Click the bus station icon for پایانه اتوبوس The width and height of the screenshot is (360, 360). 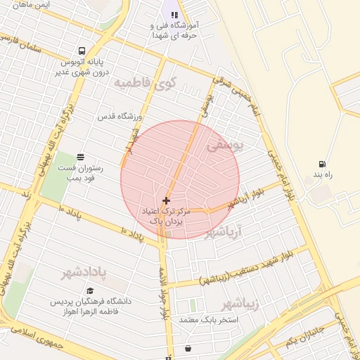tap(82, 51)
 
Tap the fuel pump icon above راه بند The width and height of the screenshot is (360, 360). tap(322, 163)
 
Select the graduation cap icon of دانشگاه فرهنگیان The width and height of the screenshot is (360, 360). tap(89, 290)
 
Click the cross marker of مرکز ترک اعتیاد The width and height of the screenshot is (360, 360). tap(166, 200)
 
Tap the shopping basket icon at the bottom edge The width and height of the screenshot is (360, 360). tap(188, 348)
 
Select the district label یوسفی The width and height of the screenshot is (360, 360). tap(226, 146)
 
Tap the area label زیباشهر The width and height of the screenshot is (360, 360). tap(240, 304)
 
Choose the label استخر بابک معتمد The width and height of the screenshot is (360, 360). tap(209, 320)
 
